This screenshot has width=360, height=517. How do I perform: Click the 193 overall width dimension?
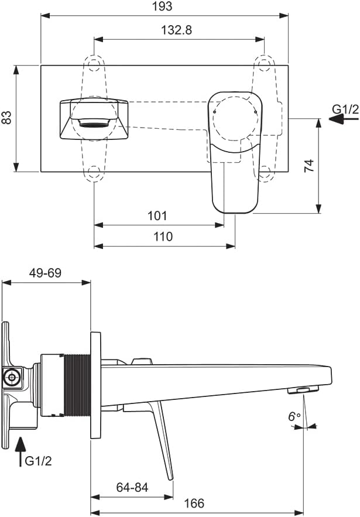(x=163, y=6)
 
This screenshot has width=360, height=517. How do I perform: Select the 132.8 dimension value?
(x=176, y=30)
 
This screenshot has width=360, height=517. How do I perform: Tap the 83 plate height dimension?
(x=6, y=117)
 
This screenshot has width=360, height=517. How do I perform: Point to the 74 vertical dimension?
(x=309, y=166)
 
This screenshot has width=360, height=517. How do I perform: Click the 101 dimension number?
(x=157, y=216)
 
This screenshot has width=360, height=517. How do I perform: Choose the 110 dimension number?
(x=163, y=237)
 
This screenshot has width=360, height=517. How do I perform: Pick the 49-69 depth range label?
(x=45, y=273)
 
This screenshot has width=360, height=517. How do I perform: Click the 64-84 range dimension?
(x=132, y=487)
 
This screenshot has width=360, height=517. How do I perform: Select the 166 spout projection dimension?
(x=194, y=504)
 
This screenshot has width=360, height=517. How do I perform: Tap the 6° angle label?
(x=294, y=417)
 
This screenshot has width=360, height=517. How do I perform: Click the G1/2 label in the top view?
(x=345, y=109)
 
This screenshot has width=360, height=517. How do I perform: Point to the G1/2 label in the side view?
(x=39, y=461)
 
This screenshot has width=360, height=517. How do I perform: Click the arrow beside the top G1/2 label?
(x=344, y=119)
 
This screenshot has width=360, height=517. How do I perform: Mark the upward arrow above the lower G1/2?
(x=20, y=451)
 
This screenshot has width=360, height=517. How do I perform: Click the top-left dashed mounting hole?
(x=94, y=64)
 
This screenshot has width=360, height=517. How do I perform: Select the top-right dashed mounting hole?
(x=264, y=64)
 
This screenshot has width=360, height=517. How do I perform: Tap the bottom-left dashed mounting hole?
(x=94, y=173)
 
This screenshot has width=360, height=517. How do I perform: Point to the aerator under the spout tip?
(x=303, y=391)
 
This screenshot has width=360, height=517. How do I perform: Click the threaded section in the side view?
(x=78, y=385)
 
